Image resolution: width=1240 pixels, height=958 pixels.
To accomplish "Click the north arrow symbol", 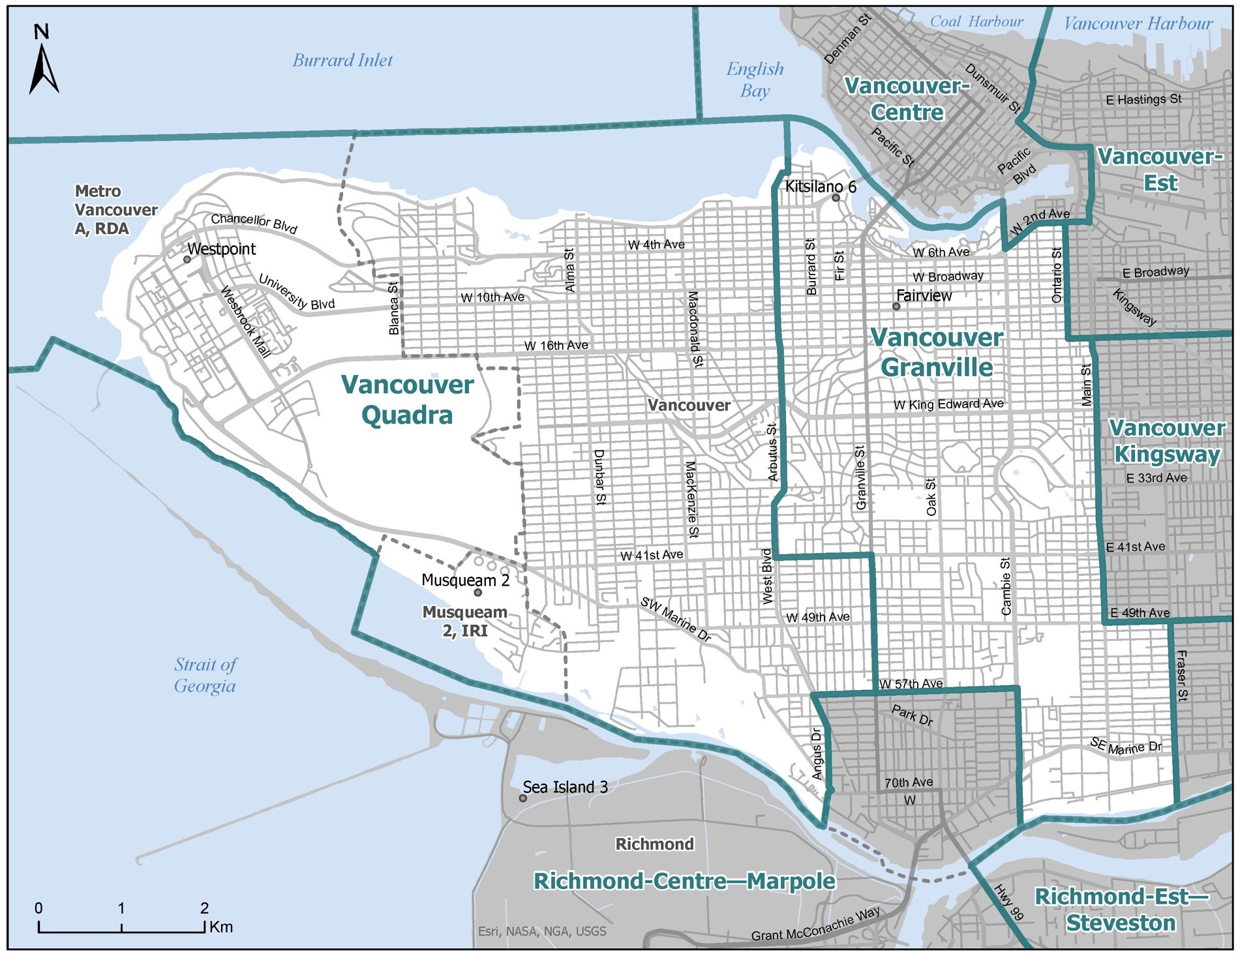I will coord(43,65).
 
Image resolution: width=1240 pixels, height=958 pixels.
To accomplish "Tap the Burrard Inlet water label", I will coord(342,61).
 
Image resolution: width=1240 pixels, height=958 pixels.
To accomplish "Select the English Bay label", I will coord(755,79).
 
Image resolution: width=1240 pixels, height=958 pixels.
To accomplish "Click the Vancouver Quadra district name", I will coord(407,400).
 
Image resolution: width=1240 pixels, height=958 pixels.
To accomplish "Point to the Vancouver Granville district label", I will coord(937,352).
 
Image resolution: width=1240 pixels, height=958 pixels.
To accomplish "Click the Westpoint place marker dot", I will coord(187,260).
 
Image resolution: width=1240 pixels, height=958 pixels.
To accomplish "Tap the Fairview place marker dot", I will coord(896,307).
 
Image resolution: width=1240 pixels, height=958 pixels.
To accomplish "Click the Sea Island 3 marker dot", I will coord(522,798).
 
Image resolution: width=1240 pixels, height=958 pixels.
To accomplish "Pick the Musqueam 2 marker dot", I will coord(477,593).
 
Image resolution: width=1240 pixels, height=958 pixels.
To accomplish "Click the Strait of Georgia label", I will coord(205,675).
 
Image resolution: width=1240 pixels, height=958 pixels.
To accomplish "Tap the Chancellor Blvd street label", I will coord(254,223).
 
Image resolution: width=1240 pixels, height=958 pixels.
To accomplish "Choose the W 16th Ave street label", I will coord(556,345).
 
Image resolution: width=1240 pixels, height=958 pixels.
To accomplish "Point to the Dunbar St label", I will coord(599,477).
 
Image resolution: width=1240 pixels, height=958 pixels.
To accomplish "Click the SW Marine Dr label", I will coord(675,620).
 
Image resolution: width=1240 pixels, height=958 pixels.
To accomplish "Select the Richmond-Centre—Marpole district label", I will coord(684,881).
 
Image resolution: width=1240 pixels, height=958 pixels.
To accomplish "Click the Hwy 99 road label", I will coord(1008,903).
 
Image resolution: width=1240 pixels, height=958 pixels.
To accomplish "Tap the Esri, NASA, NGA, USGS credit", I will coord(541,931).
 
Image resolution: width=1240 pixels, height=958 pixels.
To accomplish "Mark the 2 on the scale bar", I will coord(204,908).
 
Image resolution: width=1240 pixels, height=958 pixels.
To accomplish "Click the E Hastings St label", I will coord(1143,100).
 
